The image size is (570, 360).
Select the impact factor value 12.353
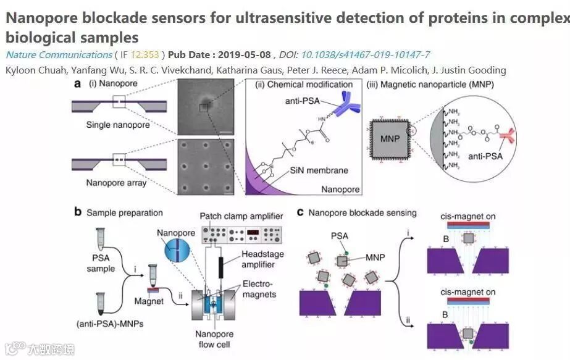[148, 55]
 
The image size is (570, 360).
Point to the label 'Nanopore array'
[118, 183]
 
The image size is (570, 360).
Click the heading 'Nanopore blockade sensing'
[362, 213]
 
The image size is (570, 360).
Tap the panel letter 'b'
[78, 212]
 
